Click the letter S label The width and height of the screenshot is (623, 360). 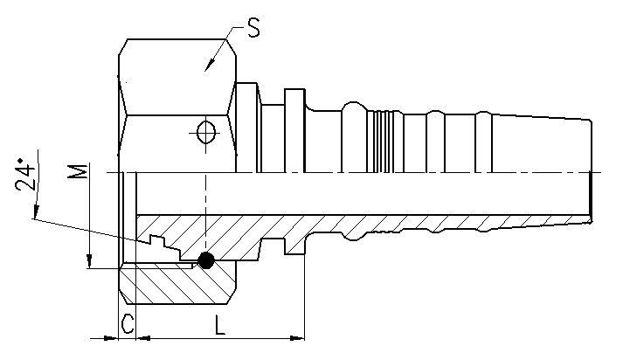tap(253, 28)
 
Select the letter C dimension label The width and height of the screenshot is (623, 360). tap(128, 324)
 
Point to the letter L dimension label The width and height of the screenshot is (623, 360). tap(219, 325)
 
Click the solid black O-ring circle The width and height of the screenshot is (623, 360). tap(206, 260)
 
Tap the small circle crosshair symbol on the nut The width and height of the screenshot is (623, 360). tap(206, 132)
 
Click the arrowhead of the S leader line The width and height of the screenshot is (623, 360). tap(210, 65)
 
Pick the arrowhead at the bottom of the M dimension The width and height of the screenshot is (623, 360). tap(89, 261)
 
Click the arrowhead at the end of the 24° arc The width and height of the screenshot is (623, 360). tap(36, 211)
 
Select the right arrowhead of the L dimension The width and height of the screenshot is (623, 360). tap(297, 338)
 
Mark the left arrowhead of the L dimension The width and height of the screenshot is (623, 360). tap(143, 338)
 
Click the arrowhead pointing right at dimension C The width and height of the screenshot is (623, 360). tap(111, 338)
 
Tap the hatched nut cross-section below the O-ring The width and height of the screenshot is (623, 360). tap(179, 284)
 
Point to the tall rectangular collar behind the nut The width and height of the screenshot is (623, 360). tap(294, 131)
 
